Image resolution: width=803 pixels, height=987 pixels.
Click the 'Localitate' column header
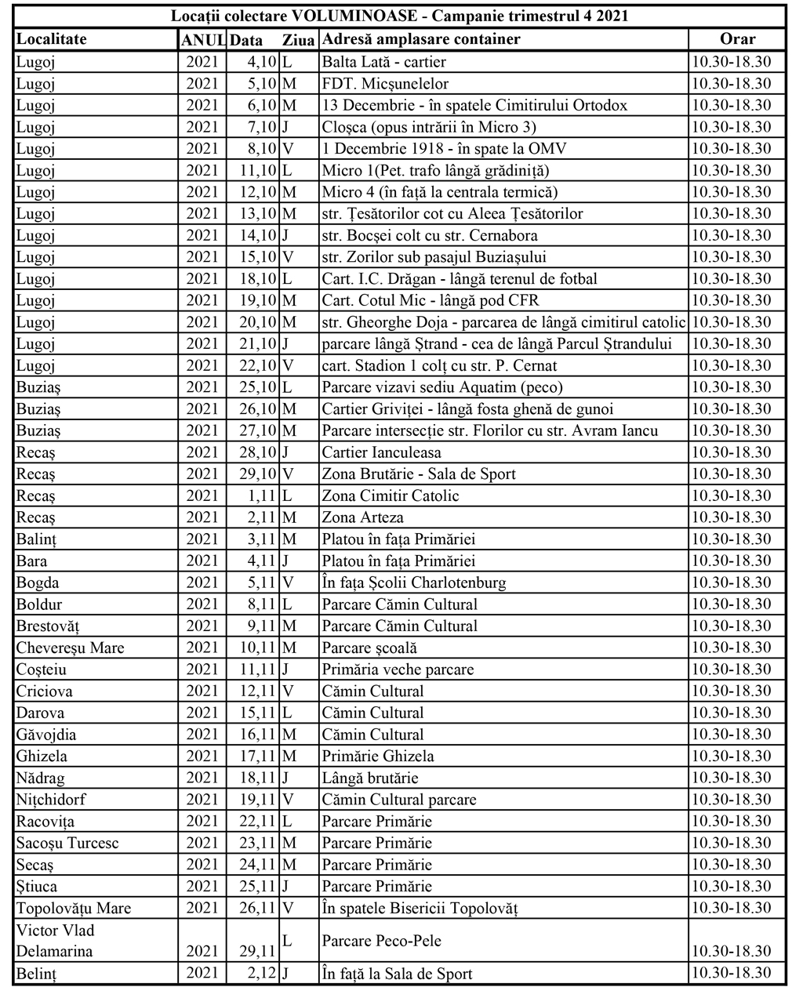pos(52,39)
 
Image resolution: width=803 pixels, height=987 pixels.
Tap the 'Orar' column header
pos(737,39)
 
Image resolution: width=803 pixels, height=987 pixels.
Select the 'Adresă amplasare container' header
pos(421,39)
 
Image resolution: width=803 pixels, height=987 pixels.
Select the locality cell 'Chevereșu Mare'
pos(71,648)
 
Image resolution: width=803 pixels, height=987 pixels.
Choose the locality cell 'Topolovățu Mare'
pos(74,908)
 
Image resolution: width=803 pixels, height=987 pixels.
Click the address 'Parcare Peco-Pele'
pos(377,940)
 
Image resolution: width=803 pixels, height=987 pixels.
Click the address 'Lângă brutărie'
pos(370,778)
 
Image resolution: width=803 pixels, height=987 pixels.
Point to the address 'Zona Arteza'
pos(363,517)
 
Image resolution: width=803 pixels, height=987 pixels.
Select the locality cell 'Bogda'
pos(38,582)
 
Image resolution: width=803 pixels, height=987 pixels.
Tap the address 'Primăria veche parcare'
pos(398,669)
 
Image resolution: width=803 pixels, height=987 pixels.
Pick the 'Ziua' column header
pos(298,39)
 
